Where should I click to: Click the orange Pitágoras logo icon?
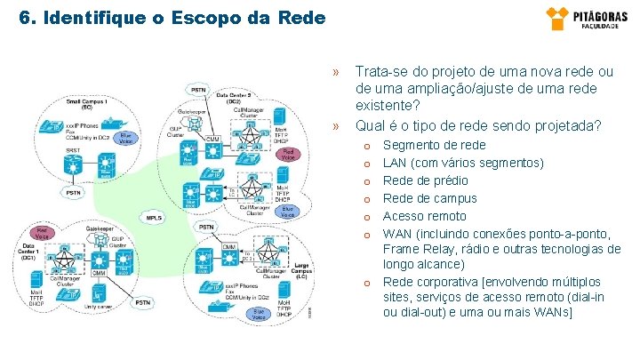click(x=557, y=18)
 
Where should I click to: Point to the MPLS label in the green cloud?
click(x=155, y=217)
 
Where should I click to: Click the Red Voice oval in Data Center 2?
click(x=287, y=154)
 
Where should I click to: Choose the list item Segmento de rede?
click(x=434, y=145)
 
